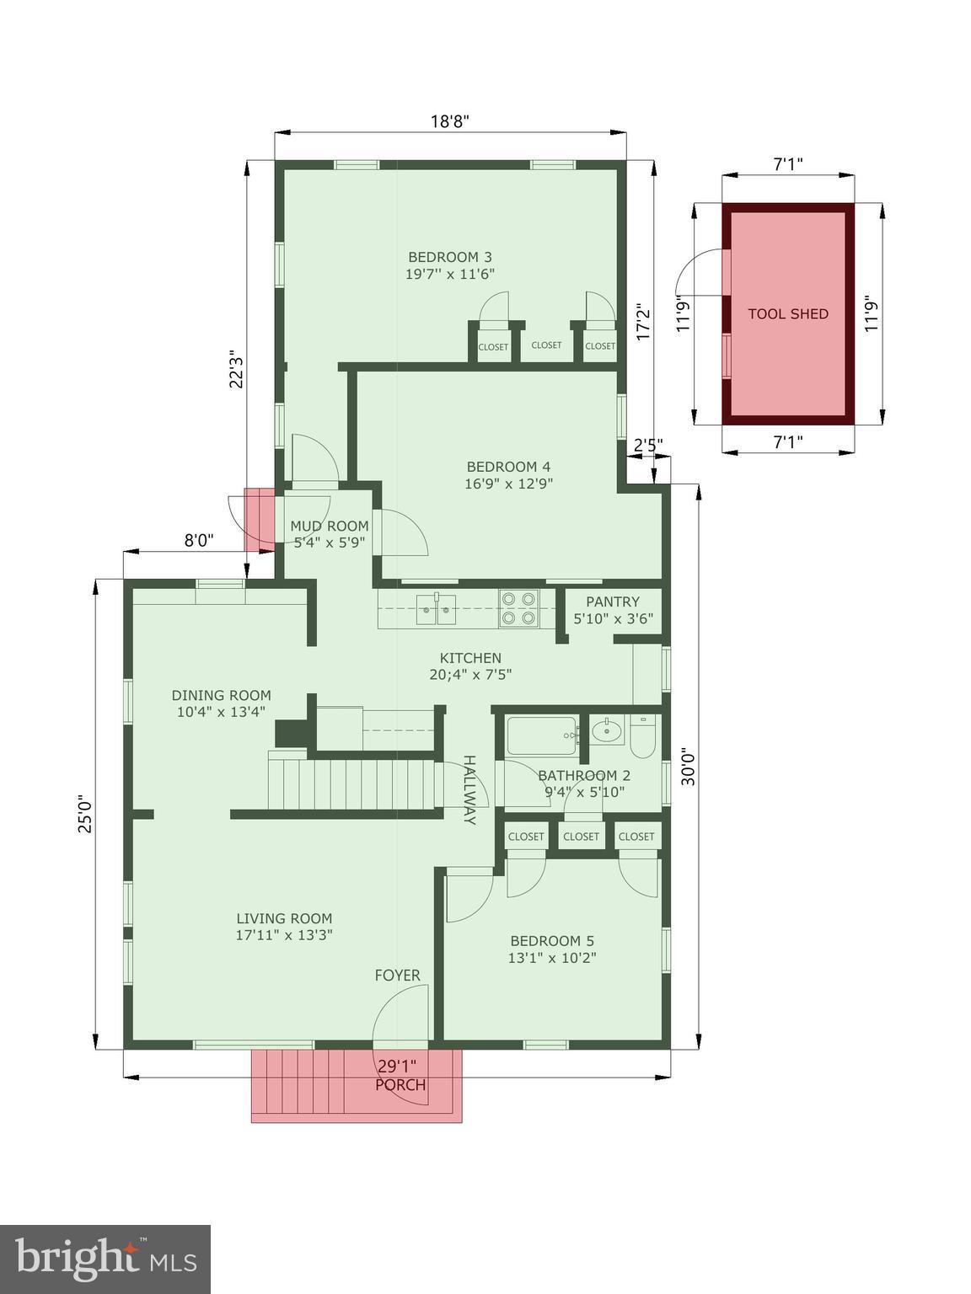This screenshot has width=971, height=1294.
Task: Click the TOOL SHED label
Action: click(788, 314)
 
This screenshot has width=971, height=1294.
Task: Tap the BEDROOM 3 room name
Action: click(450, 257)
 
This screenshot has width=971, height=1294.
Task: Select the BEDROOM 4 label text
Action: click(508, 467)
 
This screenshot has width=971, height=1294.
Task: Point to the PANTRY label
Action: click(613, 602)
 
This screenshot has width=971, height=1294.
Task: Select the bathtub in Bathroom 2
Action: click(542, 736)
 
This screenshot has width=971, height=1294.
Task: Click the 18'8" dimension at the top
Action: click(450, 120)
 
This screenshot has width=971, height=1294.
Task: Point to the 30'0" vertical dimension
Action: click(689, 767)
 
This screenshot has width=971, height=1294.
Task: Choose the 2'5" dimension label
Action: click(648, 444)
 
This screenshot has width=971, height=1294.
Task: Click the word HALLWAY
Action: click(469, 789)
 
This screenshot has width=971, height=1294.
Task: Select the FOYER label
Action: click(397, 976)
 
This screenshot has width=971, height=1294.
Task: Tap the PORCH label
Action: click(400, 1085)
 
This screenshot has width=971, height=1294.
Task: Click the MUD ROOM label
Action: click(330, 527)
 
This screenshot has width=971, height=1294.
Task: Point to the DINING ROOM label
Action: click(222, 696)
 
